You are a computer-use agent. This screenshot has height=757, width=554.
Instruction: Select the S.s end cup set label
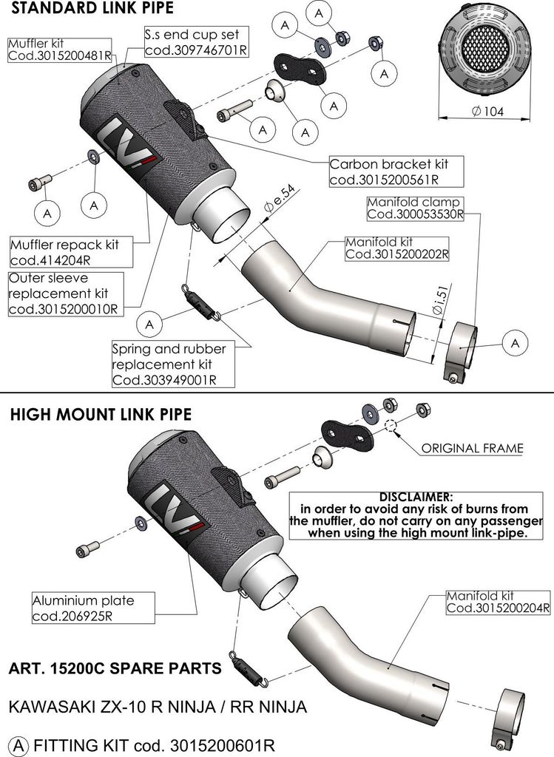point(196,42)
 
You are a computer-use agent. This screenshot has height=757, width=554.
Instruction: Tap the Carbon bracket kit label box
point(388,172)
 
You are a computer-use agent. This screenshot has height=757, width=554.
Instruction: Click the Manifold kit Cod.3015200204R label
point(499,602)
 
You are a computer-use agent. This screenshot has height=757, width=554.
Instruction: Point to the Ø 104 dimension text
point(485,111)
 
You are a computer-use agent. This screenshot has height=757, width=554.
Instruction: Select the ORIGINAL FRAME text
point(472,448)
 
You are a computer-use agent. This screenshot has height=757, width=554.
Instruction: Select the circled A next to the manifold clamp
point(516,341)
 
